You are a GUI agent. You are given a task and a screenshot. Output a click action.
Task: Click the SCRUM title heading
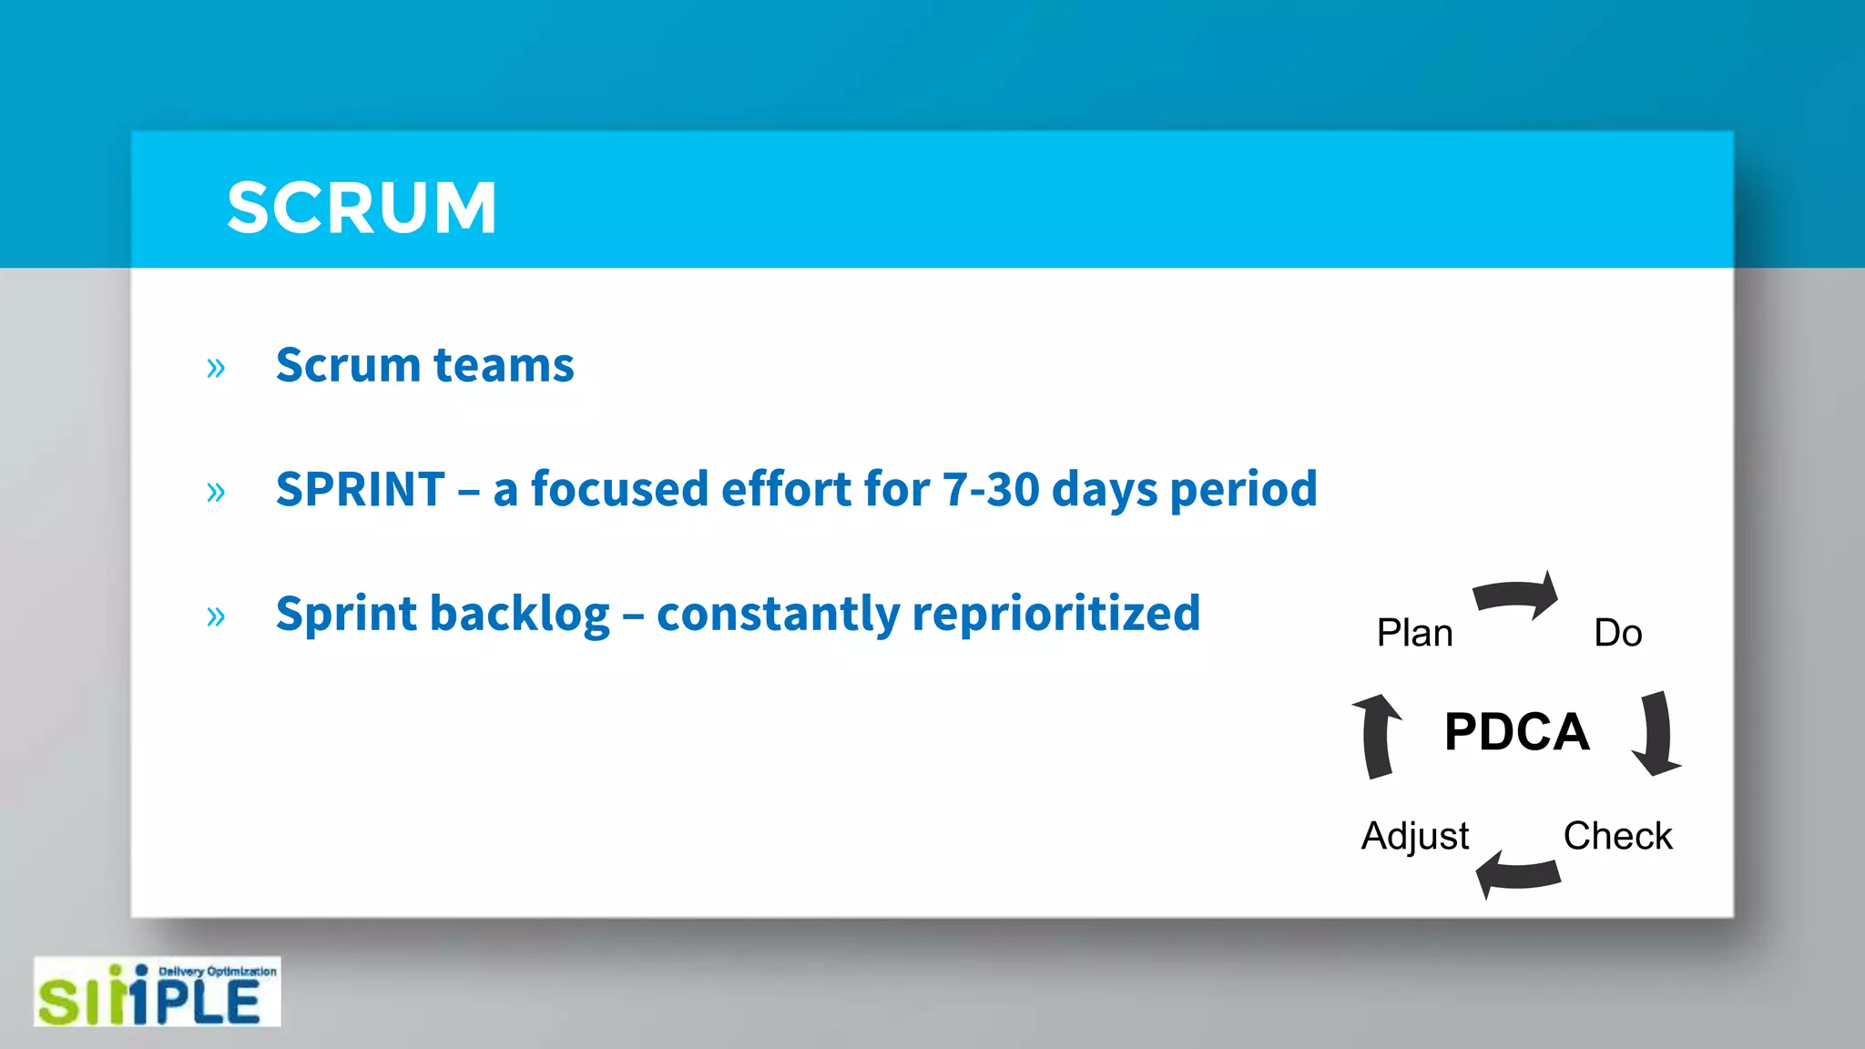362,208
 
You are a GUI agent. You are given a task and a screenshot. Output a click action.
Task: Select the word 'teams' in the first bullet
504,365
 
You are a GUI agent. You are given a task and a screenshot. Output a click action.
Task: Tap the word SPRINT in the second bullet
361,489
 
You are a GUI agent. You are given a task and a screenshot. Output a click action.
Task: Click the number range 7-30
991,489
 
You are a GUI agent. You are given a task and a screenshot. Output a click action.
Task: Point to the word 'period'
1243,490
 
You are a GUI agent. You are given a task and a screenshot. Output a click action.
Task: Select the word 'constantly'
778,614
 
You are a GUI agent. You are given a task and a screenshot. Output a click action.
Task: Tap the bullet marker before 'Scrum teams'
216,368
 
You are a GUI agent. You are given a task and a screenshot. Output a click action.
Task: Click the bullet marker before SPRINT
216,492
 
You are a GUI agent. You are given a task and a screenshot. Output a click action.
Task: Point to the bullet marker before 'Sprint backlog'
216,616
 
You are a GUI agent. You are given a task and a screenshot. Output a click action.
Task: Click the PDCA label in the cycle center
1516,731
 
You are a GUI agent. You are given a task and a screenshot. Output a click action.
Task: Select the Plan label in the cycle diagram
1414,633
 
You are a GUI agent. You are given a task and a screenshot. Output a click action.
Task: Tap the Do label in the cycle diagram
1617,633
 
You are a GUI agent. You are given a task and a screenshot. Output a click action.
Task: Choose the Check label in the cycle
1617,836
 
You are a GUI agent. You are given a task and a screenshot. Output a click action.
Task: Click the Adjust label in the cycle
1414,836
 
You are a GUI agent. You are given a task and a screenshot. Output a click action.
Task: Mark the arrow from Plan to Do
1515,596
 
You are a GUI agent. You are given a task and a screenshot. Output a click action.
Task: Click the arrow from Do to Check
1656,734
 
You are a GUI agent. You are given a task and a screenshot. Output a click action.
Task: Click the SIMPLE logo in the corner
157,993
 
